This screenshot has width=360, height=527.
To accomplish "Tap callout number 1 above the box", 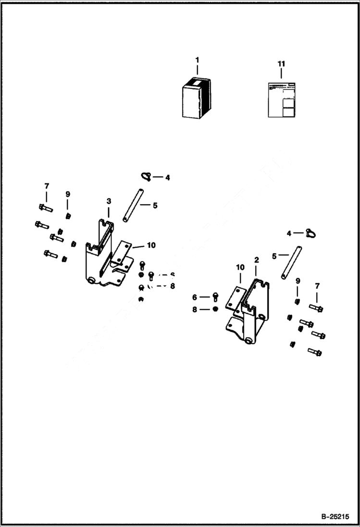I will click(197, 60).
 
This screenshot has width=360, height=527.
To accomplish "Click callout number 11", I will click(281, 63).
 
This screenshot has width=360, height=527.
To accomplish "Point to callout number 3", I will click(109, 200).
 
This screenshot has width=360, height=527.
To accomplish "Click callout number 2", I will click(257, 259).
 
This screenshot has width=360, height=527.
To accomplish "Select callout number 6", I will click(195, 297).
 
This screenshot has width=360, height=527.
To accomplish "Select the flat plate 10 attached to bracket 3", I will click(123, 252).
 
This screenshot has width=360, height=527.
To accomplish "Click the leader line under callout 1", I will click(197, 71).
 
